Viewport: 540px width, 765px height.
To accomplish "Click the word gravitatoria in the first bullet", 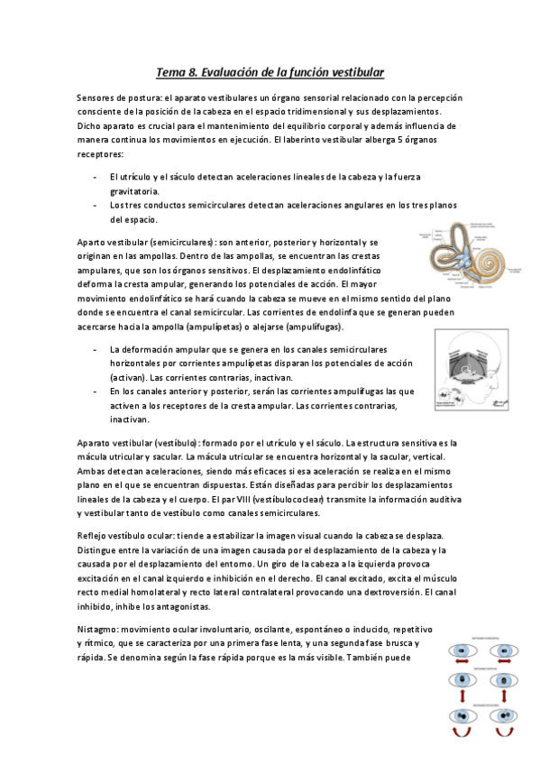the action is (x=135, y=191).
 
